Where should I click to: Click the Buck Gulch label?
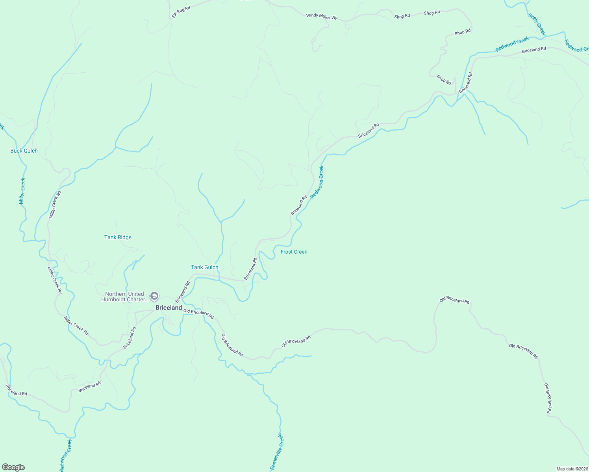pos(24,151)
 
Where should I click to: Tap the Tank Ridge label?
pos(118,237)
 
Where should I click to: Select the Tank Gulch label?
pos(204,267)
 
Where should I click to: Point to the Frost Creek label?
pos(294,252)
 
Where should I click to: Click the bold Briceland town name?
pos(169,308)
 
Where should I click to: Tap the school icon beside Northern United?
pos(155,296)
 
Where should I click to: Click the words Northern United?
pos(124,294)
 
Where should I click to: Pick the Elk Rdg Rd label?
pos(181,12)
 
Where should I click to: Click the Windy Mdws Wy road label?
pos(322,17)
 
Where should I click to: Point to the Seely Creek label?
pos(537,24)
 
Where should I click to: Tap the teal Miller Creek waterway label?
pos(22,191)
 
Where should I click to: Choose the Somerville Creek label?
pos(277,452)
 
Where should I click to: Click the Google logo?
pos(13,467)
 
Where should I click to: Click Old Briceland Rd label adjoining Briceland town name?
pos(198,314)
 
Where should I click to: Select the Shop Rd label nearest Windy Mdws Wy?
pos(402,16)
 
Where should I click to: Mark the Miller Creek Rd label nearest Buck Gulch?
pos(55,205)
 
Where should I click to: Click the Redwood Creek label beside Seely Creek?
pos(512,44)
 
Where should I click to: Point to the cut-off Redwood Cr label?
pos(576,46)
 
